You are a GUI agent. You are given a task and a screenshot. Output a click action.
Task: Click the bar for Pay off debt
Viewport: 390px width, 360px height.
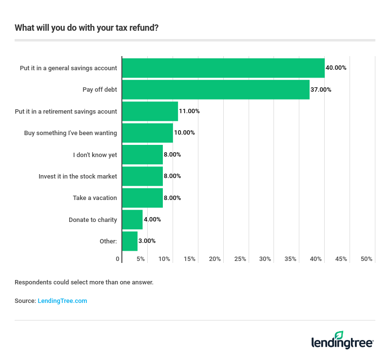(215, 90)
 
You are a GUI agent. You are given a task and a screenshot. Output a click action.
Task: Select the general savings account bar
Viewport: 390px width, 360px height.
(223, 68)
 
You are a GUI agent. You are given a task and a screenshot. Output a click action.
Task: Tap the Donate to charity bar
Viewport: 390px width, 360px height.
(132, 220)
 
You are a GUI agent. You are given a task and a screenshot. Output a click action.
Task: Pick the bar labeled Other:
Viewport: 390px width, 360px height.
(130, 241)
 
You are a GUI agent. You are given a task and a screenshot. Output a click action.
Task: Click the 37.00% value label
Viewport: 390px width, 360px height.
(321, 90)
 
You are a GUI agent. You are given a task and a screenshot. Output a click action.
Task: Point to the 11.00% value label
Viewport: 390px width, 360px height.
(189, 111)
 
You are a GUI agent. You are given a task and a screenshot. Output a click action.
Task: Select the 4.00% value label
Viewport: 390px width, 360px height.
(152, 220)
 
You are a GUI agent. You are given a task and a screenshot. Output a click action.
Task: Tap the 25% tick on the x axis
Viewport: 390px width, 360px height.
(240, 259)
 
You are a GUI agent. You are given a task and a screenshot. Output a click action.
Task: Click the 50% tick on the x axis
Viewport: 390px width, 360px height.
(366, 259)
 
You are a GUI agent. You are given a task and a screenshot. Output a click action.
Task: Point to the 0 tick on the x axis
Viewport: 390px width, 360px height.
(118, 259)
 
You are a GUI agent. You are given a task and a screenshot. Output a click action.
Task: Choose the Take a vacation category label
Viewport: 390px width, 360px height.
(95, 198)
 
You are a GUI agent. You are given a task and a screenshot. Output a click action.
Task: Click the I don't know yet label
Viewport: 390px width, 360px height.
(95, 155)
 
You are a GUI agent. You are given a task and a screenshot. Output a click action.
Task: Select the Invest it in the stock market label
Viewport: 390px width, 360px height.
(78, 176)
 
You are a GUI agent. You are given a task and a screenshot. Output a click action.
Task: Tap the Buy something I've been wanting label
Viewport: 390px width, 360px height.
(71, 133)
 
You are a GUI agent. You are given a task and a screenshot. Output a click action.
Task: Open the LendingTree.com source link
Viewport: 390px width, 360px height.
(62, 301)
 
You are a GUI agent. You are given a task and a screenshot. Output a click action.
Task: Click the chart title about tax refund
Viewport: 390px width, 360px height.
(87, 27)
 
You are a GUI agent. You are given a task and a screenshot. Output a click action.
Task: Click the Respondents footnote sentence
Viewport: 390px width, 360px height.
(84, 282)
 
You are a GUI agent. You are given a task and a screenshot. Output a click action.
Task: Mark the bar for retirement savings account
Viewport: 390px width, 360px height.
(150, 111)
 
